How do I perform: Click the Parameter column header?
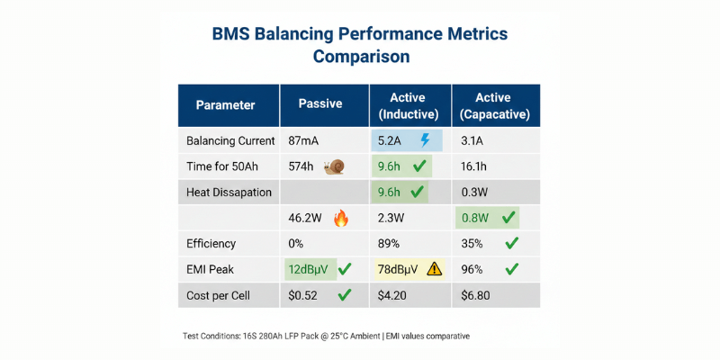tap(225, 104)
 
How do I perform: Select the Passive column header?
tap(320, 103)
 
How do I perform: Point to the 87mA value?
tap(303, 141)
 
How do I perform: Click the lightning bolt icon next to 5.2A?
tap(426, 140)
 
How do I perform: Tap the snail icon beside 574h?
tap(335, 166)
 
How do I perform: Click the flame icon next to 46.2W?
tap(340, 217)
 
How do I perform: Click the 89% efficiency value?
tap(389, 242)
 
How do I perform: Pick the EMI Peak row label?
tap(212, 268)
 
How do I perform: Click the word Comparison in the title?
tap(361, 57)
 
